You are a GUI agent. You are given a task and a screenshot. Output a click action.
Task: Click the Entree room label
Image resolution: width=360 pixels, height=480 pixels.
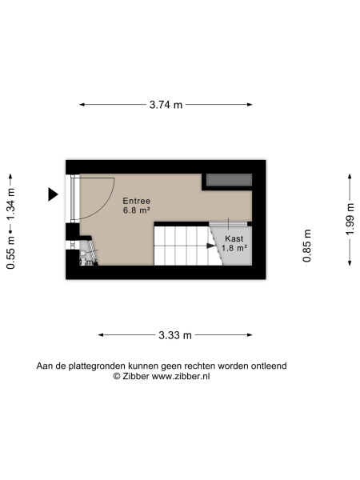pos(136,201)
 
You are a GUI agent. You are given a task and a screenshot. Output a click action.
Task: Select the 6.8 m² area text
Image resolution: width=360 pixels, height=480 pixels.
pos(136,211)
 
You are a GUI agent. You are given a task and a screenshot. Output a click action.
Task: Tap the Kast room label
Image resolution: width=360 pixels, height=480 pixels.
pos(234,238)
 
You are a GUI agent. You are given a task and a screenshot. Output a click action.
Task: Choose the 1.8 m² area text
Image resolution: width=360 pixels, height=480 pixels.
pos(234,248)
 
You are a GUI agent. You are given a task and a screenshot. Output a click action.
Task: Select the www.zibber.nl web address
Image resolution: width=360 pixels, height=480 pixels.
pos(181,376)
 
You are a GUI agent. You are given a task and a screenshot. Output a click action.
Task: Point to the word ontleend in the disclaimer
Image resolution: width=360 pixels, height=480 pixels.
pos(268,366)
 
